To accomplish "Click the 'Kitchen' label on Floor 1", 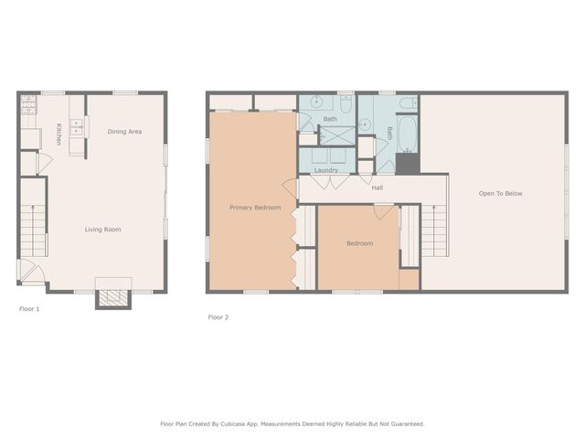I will [58, 134].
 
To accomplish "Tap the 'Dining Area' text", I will [124, 132].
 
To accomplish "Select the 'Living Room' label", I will [102, 230].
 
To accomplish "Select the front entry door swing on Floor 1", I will [29, 271].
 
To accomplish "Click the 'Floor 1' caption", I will [29, 309].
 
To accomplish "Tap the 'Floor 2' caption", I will [218, 317].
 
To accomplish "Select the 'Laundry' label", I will [326, 170].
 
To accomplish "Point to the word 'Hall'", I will [378, 187].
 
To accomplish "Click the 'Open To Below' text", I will [501, 193].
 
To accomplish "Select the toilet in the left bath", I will [346, 102].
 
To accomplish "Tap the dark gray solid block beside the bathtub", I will [407, 164].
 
